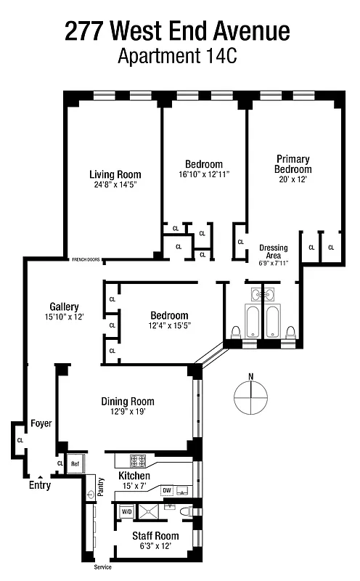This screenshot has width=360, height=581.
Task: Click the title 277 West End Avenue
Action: [177, 31]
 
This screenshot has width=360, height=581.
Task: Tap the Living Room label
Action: [115, 174]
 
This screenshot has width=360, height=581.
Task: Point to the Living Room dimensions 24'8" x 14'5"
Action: [115, 184]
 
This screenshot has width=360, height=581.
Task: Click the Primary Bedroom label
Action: [293, 164]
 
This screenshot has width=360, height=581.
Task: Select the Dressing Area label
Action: [274, 252]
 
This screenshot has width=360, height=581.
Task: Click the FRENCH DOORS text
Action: [86, 259]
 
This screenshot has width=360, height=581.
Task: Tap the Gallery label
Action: [64, 306]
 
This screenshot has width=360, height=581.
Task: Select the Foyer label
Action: [41, 423]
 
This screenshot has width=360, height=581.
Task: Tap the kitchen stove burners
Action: [138, 460]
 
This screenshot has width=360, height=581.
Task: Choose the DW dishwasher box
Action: [166, 489]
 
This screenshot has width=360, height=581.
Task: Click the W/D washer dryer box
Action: [126, 511]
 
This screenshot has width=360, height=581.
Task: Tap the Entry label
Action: [40, 485]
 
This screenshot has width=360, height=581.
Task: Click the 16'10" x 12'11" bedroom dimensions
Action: [203, 174]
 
